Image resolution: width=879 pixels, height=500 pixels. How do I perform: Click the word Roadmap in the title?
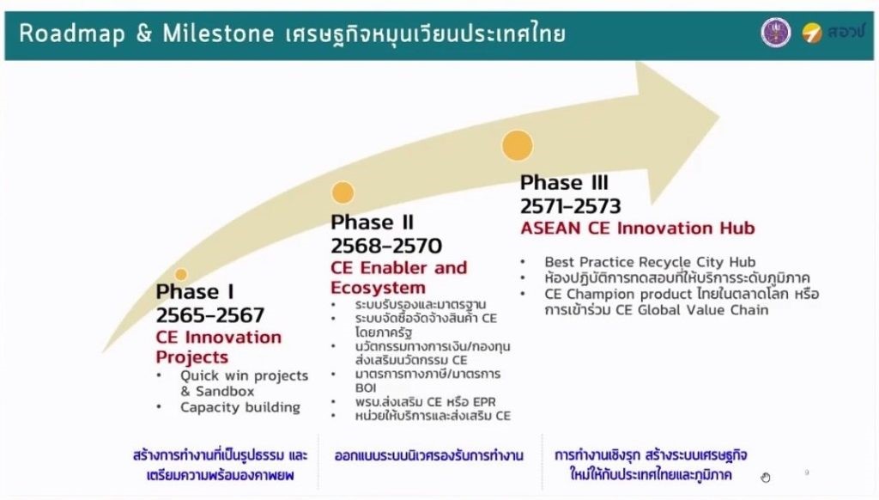[x=72, y=34]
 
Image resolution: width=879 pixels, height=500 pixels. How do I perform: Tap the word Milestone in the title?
[x=218, y=34]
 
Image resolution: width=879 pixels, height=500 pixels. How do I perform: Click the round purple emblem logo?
[x=776, y=32]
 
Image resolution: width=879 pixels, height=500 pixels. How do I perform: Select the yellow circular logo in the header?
[x=811, y=34]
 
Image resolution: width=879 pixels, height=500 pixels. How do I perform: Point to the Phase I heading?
[x=195, y=292]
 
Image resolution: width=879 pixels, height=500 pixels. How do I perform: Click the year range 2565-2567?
[x=209, y=315]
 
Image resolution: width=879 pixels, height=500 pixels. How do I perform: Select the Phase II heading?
[x=372, y=223]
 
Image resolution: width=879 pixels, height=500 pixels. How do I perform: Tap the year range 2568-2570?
[x=386, y=246]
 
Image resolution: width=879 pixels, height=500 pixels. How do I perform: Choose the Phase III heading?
[x=564, y=182]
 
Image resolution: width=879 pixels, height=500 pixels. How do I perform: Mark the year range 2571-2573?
[x=570, y=206]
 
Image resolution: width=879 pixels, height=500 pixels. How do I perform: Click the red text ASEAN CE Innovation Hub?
[x=638, y=229]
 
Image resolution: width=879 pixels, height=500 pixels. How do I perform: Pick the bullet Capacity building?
[x=240, y=407]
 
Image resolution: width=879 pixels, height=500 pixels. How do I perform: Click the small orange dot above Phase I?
[x=180, y=274]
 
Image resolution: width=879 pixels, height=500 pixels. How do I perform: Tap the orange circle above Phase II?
[x=343, y=192]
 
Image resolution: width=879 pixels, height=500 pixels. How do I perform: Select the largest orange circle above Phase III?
[x=517, y=145]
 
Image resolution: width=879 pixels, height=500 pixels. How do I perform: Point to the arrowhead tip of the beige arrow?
[x=719, y=118]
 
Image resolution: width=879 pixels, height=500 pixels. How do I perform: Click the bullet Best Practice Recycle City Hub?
[x=650, y=262]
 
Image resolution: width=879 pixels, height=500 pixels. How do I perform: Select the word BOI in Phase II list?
[x=366, y=387]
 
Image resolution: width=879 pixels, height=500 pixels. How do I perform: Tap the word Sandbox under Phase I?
[x=225, y=391]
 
